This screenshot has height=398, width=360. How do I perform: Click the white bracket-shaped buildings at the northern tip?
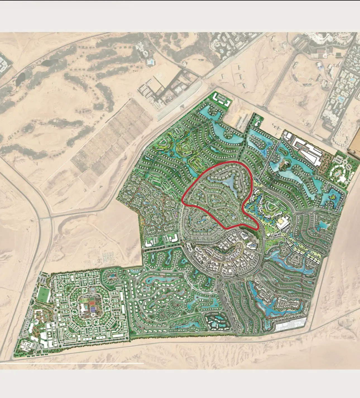(x=222, y=100)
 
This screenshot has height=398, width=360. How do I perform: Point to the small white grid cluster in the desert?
(x=109, y=257)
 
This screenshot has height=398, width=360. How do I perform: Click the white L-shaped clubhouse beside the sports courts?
(x=84, y=308)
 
